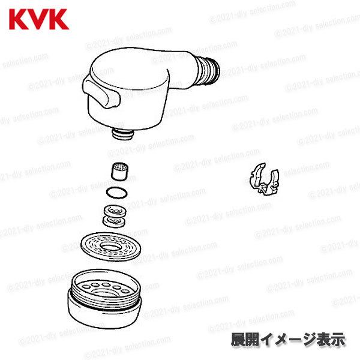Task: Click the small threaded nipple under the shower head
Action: [x=122, y=131]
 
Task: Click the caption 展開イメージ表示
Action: [x=288, y=339]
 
